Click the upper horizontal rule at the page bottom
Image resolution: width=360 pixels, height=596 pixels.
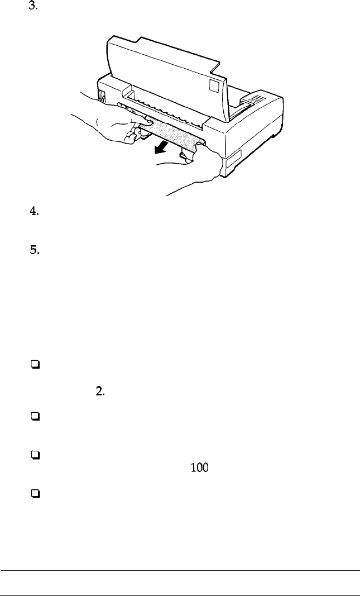point(180,570)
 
